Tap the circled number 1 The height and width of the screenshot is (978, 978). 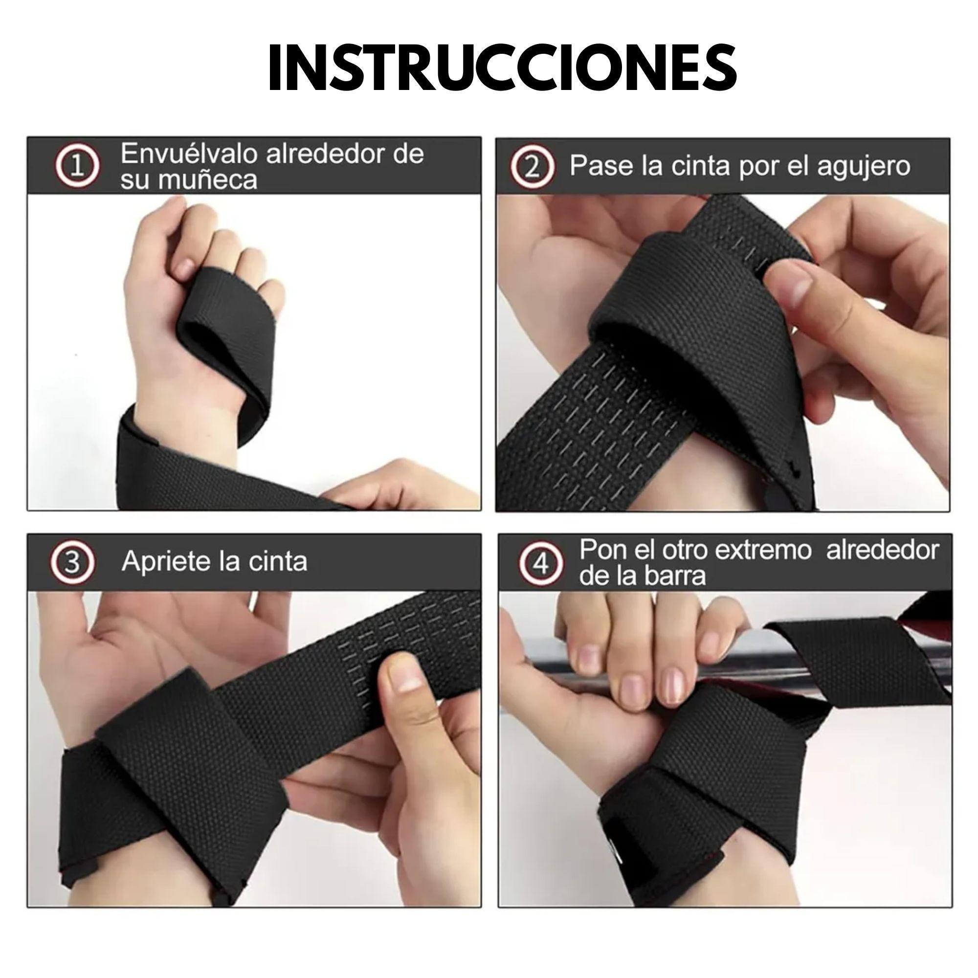click(x=77, y=167)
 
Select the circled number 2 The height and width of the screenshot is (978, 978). click(x=532, y=168)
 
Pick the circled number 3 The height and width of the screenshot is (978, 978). click(x=72, y=562)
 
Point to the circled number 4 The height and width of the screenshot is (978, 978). click(x=541, y=564)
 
